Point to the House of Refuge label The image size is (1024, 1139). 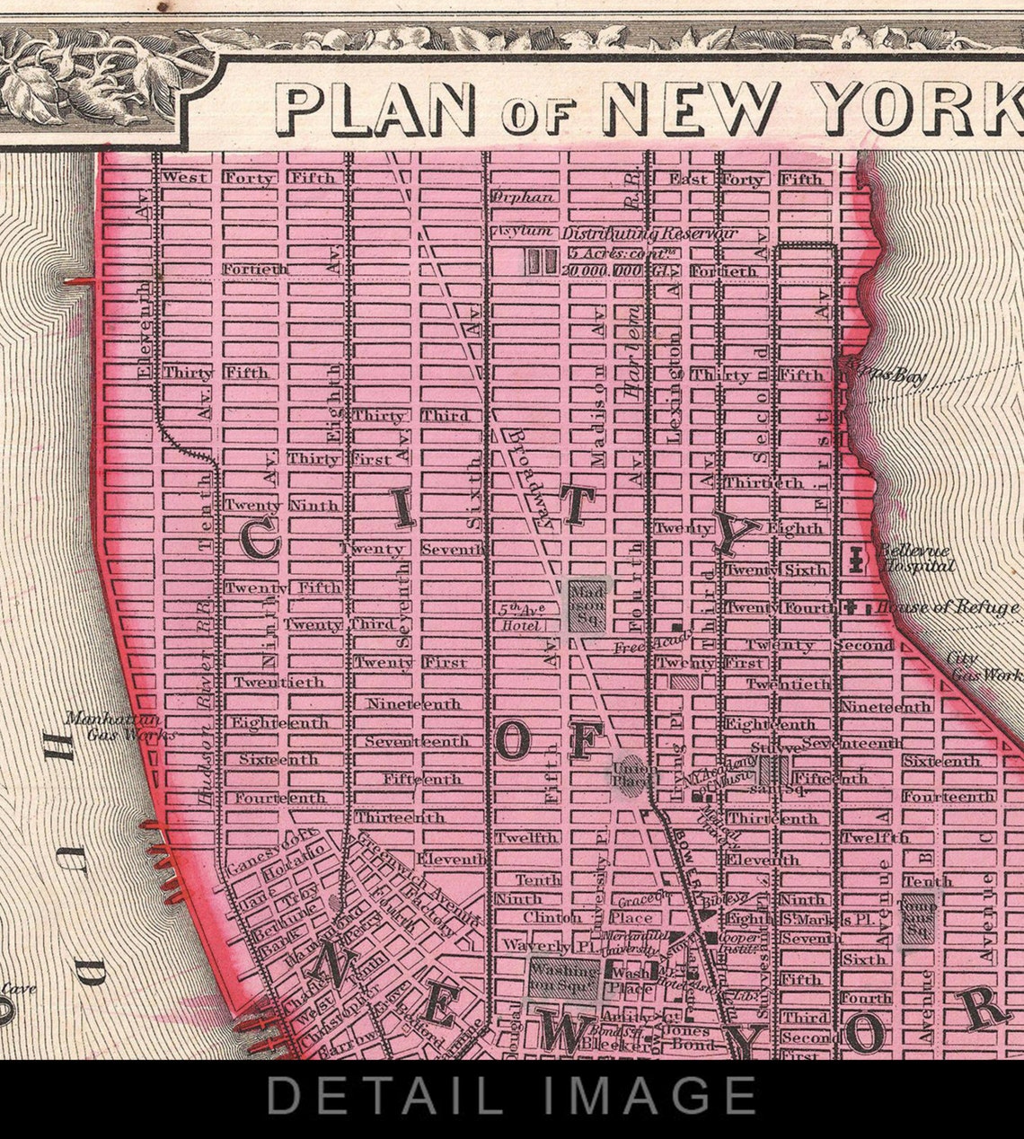[948, 608]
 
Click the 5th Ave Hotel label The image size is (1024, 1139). [520, 616]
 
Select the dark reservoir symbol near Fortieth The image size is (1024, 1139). [541, 260]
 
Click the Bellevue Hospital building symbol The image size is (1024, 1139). [857, 559]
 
